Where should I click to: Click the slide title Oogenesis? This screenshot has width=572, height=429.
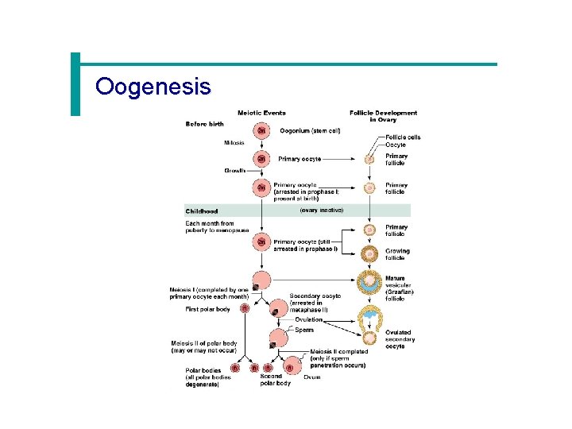coord(153,86)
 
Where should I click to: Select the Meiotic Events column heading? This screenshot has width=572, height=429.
coord(261,113)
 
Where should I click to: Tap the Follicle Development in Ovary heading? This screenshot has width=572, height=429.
coord(383,116)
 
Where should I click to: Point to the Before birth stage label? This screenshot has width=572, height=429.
coord(204,124)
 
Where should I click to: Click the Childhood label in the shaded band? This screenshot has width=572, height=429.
coord(202,211)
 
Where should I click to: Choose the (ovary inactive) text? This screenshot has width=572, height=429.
coord(322,211)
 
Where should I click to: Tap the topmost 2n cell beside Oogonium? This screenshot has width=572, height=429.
coord(261,131)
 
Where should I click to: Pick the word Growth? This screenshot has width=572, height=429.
coord(234,171)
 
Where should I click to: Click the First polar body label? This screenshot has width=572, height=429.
coord(209,309)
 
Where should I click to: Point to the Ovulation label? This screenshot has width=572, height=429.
coord(309,319)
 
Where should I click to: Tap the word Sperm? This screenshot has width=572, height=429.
coord(304,330)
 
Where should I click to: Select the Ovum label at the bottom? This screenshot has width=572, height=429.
coord(311,377)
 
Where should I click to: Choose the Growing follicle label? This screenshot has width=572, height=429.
coord(397,254)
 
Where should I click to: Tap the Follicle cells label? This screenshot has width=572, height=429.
coord(403,137)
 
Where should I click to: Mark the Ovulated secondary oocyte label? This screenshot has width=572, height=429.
coord(400,339)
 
